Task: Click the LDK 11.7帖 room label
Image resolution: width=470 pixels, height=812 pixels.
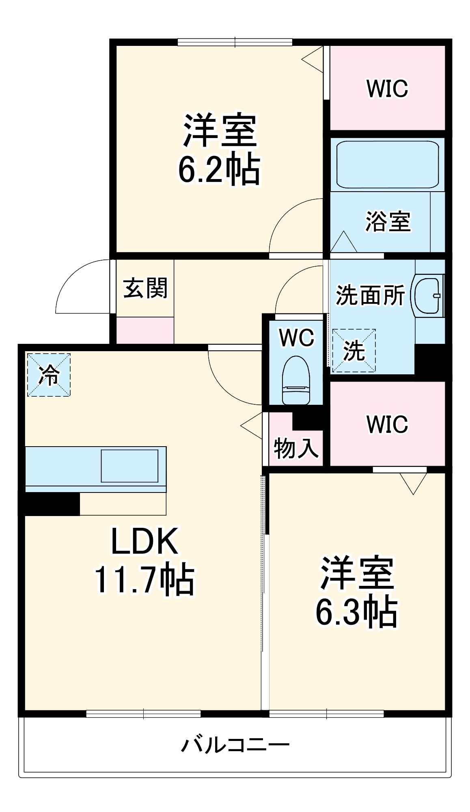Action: (x=144, y=560)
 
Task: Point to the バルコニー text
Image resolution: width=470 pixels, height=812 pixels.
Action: (x=235, y=745)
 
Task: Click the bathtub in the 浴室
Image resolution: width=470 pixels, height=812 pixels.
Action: (x=387, y=164)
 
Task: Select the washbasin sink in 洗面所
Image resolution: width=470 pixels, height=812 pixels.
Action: (x=428, y=295)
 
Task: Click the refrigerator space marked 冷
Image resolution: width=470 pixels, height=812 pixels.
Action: (x=49, y=375)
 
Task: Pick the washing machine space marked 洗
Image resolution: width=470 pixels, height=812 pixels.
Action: (x=354, y=350)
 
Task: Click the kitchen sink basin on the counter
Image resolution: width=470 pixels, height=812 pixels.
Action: (x=129, y=466)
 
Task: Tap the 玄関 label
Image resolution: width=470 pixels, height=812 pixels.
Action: (x=145, y=288)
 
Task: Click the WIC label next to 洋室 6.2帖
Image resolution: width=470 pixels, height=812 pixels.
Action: (x=387, y=89)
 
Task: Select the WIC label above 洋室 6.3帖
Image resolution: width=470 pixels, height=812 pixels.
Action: (x=387, y=424)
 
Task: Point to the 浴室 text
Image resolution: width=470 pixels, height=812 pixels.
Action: (x=388, y=222)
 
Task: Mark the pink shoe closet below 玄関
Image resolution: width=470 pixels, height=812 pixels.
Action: (x=145, y=330)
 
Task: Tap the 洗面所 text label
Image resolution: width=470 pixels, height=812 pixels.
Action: (x=370, y=295)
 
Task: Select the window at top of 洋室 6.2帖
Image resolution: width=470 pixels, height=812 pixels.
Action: (x=235, y=42)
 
